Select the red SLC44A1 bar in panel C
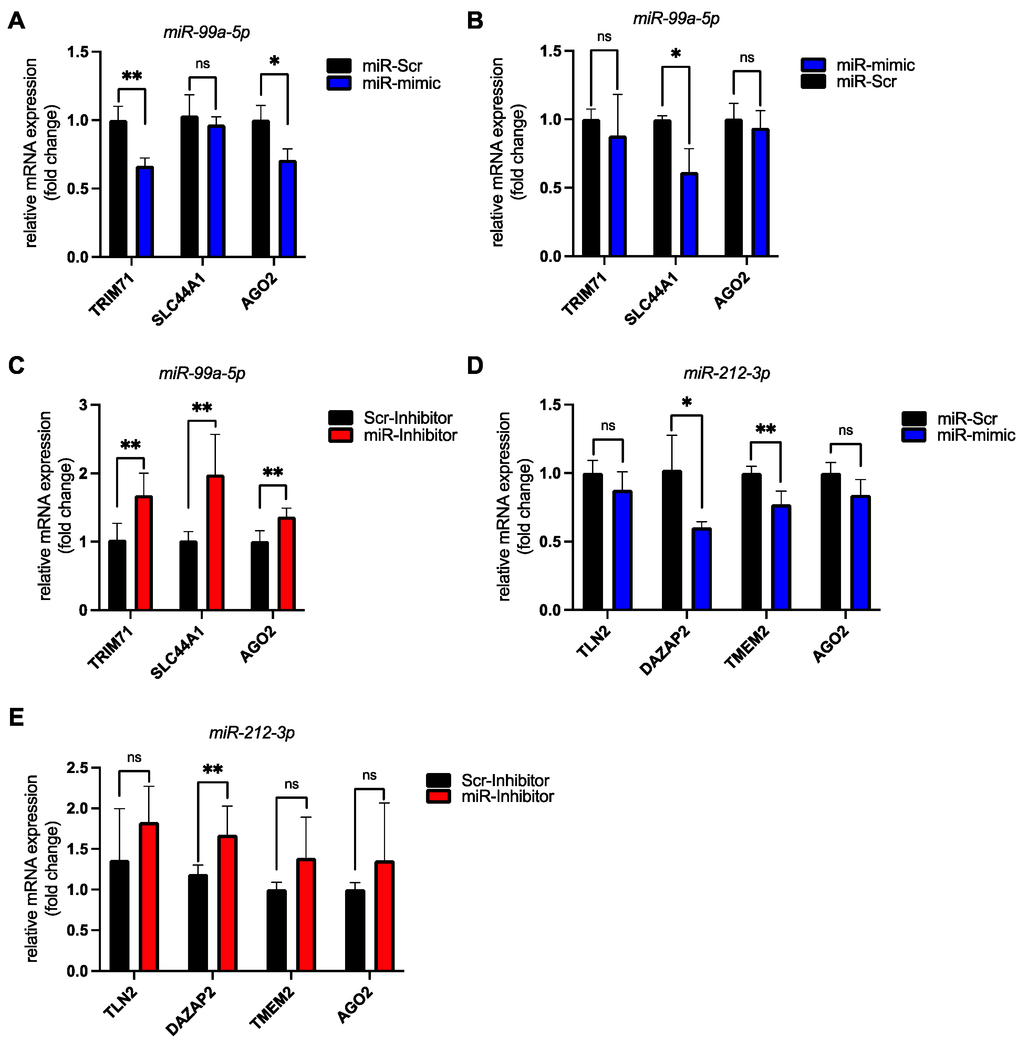coord(215,543)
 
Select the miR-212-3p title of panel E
coord(252,733)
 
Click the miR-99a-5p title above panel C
coord(202,373)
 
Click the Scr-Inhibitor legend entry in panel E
coord(504,780)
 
